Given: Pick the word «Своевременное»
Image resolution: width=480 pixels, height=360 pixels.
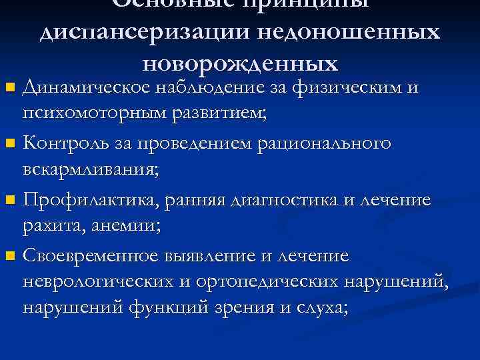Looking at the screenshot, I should (90, 256).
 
